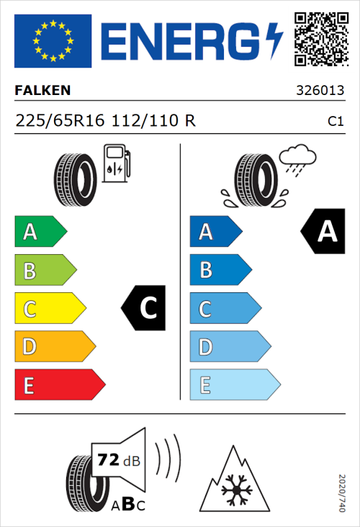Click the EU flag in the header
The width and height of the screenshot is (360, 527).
tap(53, 41)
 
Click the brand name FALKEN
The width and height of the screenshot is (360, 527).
tap(42, 91)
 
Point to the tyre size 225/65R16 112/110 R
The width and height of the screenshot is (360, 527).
tap(105, 121)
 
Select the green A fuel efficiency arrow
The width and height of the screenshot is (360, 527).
tap(40, 232)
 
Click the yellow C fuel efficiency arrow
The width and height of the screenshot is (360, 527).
tap(49, 309)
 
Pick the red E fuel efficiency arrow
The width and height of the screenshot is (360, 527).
tap(59, 385)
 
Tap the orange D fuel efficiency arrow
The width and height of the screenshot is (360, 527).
tap(54, 347)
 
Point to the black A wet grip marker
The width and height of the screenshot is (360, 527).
tap(322, 231)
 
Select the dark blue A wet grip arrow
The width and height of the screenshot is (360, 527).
tap(215, 232)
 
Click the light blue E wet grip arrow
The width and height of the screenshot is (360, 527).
tap(234, 385)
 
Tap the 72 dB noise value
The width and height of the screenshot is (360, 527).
tap(110, 458)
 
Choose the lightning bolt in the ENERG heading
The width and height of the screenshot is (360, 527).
tap(274, 40)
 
